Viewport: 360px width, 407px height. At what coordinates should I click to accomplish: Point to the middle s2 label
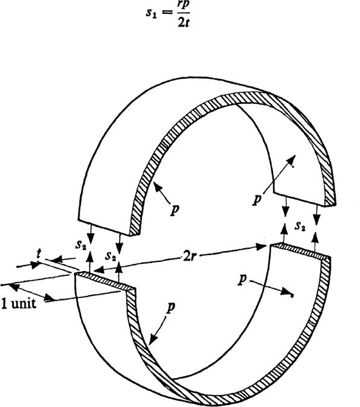[111, 257]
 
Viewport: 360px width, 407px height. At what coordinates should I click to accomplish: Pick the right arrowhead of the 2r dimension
[263, 246]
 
